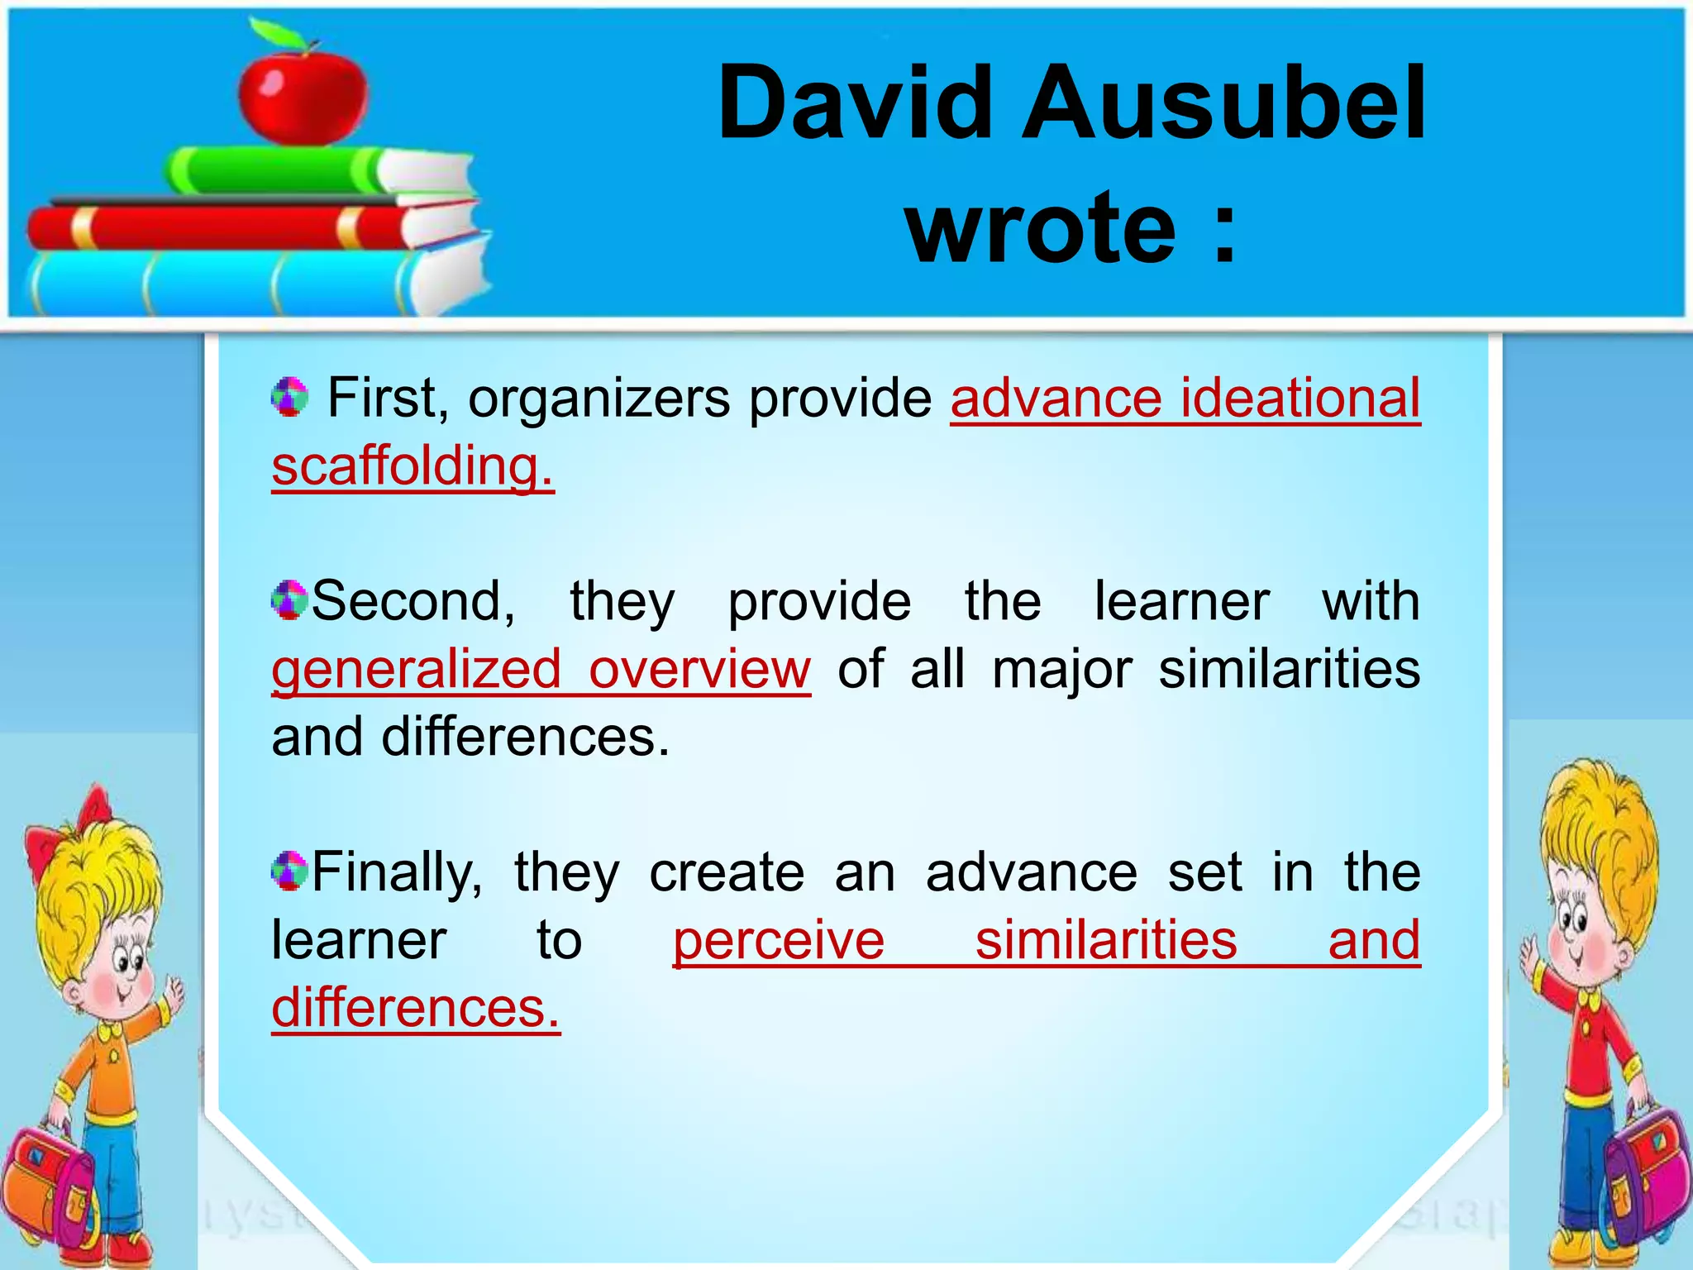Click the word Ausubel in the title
(1223, 103)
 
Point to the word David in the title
(855, 103)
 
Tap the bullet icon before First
(289, 397)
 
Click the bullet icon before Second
(289, 599)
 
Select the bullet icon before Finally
(289, 871)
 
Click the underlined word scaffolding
(412, 466)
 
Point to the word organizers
(599, 399)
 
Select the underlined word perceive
(779, 940)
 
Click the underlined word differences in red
(415, 1008)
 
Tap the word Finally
(397, 872)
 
